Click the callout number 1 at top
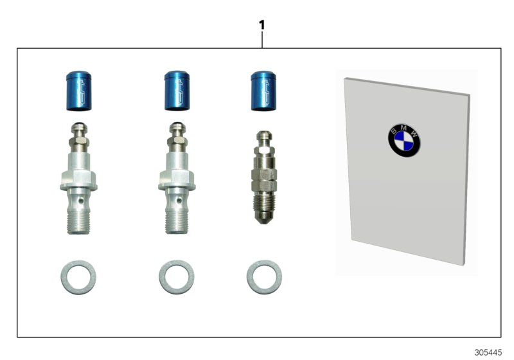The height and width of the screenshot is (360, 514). click(x=261, y=25)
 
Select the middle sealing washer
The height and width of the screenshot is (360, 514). click(x=176, y=276)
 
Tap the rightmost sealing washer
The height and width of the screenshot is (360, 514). click(x=263, y=276)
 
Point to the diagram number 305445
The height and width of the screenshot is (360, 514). click(x=488, y=353)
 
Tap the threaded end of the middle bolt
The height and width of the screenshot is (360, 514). click(x=176, y=221)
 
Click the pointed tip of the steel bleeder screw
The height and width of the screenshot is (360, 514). click(x=263, y=220)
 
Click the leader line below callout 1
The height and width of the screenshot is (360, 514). click(x=261, y=40)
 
